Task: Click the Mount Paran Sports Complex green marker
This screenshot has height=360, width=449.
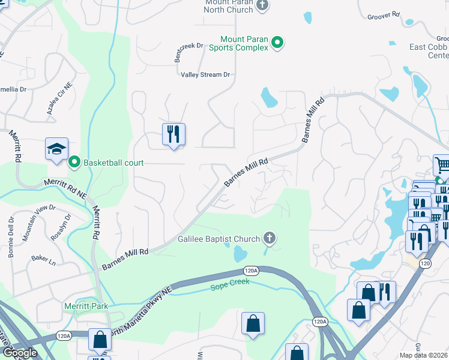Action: coord(277,42)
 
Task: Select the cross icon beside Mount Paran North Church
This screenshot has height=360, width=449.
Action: coord(262,5)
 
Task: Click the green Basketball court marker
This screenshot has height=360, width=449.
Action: coord(75,162)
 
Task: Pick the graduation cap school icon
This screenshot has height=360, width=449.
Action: coord(56,148)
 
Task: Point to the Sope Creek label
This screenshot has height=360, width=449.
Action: coord(228,287)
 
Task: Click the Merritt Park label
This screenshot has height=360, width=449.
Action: coord(86,306)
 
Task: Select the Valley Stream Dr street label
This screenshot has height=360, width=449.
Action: coord(206,75)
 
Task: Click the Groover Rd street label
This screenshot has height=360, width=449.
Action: coord(385,15)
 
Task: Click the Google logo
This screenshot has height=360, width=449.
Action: coord(20,353)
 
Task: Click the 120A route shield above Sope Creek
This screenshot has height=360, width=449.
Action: coord(252,271)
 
